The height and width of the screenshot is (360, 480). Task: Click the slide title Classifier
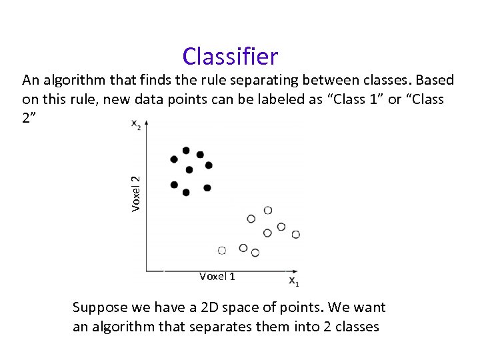point(230,57)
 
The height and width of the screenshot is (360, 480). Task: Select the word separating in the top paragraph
point(264,81)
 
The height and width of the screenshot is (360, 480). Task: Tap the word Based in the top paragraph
point(434,81)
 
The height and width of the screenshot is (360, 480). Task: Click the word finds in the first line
point(159,81)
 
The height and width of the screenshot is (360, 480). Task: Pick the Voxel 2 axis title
point(135,193)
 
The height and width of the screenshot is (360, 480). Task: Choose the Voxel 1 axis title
point(217,276)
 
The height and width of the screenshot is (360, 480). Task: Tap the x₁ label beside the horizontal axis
point(293,282)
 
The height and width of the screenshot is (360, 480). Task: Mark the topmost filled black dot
point(186,151)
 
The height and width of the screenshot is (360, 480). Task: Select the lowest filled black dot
point(186,193)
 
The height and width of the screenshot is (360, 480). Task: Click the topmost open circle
point(267,210)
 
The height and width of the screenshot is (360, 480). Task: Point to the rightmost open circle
point(295,234)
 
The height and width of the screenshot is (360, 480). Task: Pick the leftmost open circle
point(222,250)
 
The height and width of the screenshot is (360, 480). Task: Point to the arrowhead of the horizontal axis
point(293,271)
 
